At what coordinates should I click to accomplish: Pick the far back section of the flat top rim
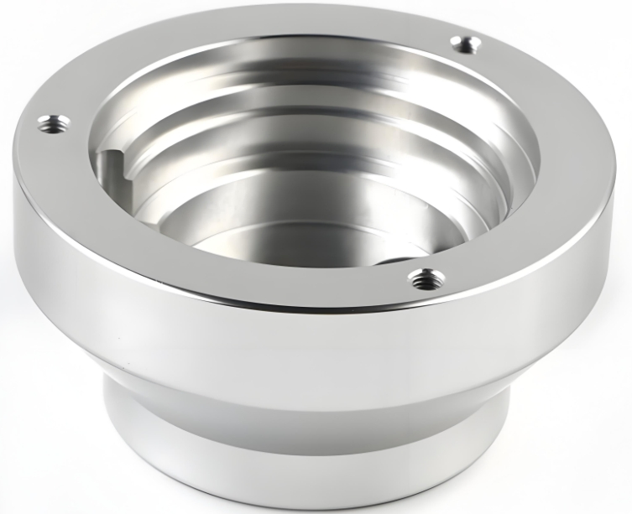pyautogui.click(x=277, y=23)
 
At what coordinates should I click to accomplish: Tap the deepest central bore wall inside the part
pyautogui.click(x=277, y=201)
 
